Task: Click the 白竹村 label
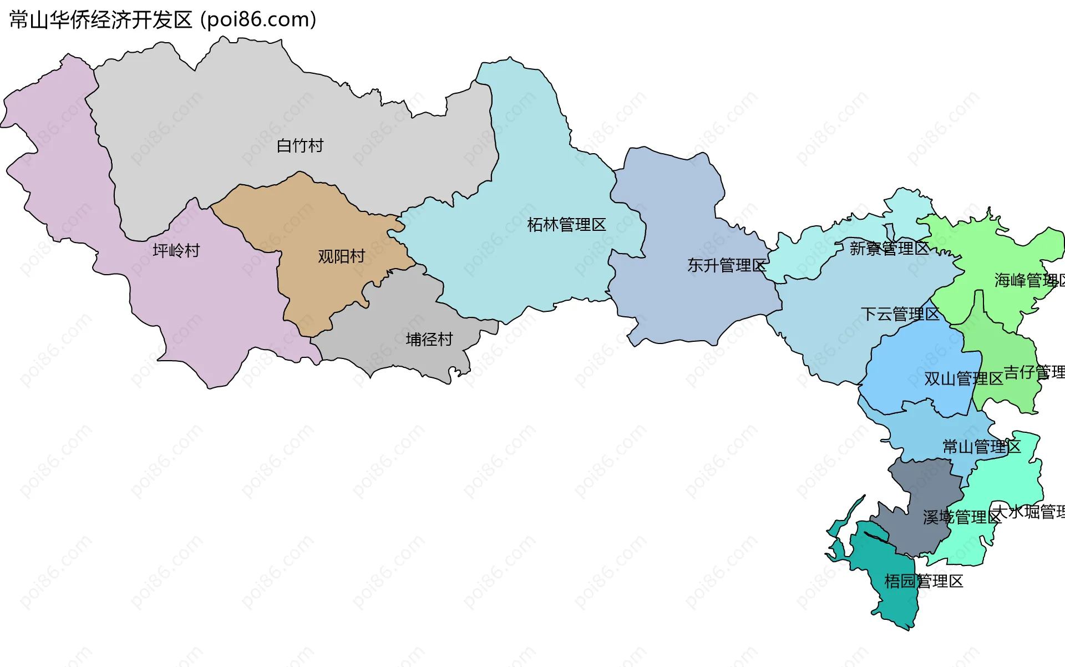[x=300, y=146]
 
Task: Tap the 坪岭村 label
[x=176, y=251]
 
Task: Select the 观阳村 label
[x=341, y=256]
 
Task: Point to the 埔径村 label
[x=429, y=339]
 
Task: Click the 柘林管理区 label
[x=566, y=225]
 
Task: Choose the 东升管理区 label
[x=727, y=265]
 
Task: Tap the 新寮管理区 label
[x=889, y=248]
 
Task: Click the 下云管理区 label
[x=900, y=314]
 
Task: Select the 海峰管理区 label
[x=1029, y=280]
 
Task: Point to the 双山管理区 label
[x=963, y=378]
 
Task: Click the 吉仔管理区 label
[x=1034, y=372]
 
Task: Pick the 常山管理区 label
[x=981, y=447]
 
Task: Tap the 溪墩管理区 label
[x=962, y=517]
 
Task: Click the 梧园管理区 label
[x=924, y=581]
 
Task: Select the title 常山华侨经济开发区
[x=100, y=20]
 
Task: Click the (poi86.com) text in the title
[x=258, y=20]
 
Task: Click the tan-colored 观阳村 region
[x=311, y=222]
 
